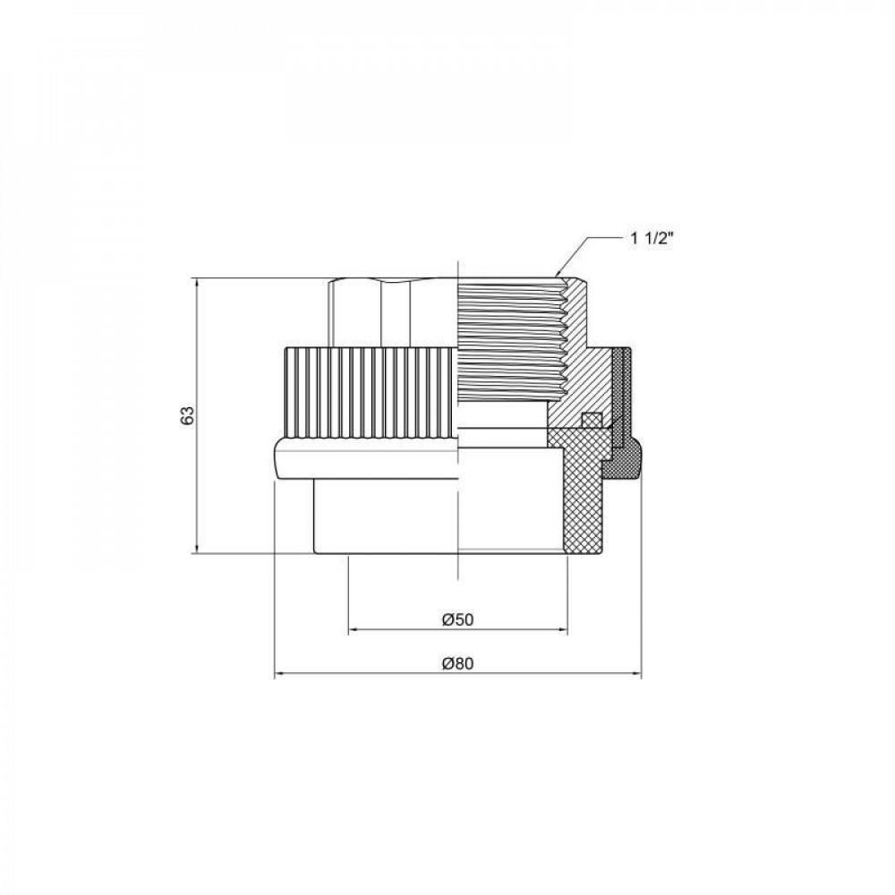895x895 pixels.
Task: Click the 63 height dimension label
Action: coord(188,415)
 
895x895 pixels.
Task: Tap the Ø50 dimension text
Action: coord(457,619)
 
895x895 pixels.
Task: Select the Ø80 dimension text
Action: coord(457,664)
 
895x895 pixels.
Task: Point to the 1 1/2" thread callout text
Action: coord(652,239)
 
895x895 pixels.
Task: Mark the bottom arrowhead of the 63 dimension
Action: coord(197,547)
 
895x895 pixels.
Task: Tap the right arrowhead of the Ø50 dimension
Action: coord(561,630)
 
